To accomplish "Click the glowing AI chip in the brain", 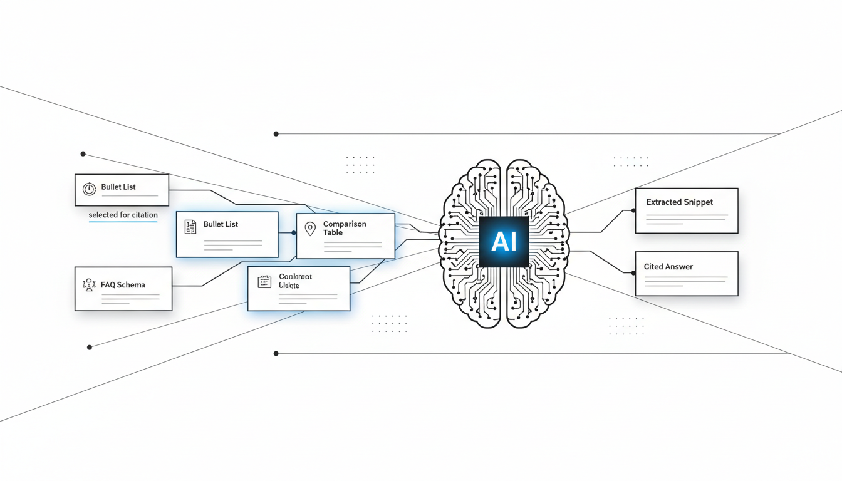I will click(504, 242).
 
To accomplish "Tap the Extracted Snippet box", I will click(687, 211).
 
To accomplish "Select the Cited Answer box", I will click(687, 274).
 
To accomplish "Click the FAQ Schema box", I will click(123, 289).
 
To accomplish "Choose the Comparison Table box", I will click(345, 236).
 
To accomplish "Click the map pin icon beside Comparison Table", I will click(310, 229).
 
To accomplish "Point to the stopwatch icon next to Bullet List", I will click(89, 188).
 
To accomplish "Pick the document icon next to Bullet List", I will click(190, 226).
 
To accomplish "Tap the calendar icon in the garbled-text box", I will click(264, 282).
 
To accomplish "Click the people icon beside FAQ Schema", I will click(89, 285).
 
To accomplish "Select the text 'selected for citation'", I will click(123, 215).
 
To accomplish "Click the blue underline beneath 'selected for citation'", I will click(123, 222).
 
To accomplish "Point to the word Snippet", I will click(698, 202).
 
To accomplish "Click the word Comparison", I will click(345, 224).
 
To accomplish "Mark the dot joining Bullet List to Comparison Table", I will click(294, 233).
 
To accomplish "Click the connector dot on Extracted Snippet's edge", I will click(635, 210).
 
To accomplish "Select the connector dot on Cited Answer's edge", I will click(635, 273).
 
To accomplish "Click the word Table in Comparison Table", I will click(333, 233).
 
